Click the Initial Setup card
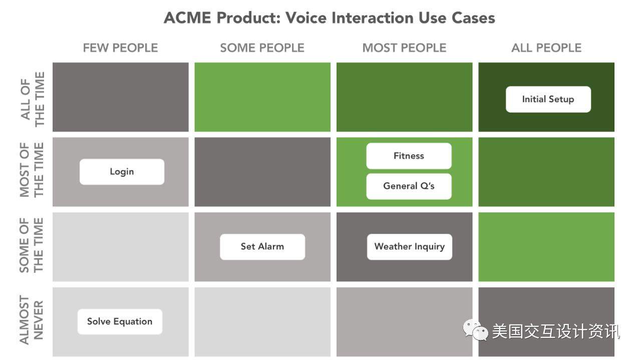[548, 99]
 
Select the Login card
[122, 172]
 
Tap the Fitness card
[409, 156]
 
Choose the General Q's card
[409, 186]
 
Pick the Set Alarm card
[262, 247]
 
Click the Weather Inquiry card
[410, 247]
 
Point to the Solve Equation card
[120, 321]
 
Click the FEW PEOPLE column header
[121, 48]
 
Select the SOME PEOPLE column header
[262, 48]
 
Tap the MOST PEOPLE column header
[404, 48]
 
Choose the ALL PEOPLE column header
[546, 48]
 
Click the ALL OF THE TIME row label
[33, 99]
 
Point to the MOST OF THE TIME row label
[32, 170]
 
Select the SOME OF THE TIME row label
[32, 245]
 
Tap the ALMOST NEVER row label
[32, 320]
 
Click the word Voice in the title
[306, 18]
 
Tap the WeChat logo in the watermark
[476, 330]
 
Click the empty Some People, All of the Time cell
[262, 97]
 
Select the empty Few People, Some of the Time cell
[121, 247]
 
